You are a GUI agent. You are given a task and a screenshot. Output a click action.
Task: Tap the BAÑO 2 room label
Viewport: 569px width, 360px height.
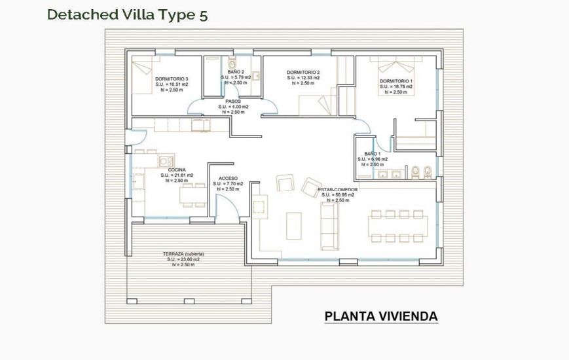[x=236, y=72]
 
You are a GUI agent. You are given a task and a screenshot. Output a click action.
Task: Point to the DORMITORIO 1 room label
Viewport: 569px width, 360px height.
[x=396, y=81]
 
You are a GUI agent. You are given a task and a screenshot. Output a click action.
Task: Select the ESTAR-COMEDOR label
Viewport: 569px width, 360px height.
[x=337, y=189]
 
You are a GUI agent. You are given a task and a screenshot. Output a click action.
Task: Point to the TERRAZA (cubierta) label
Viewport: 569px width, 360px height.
[x=183, y=253]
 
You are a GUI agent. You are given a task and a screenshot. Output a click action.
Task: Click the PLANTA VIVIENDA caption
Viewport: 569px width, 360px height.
[x=381, y=317]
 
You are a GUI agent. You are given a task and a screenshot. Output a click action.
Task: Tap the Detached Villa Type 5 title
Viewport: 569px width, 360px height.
[x=127, y=15]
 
